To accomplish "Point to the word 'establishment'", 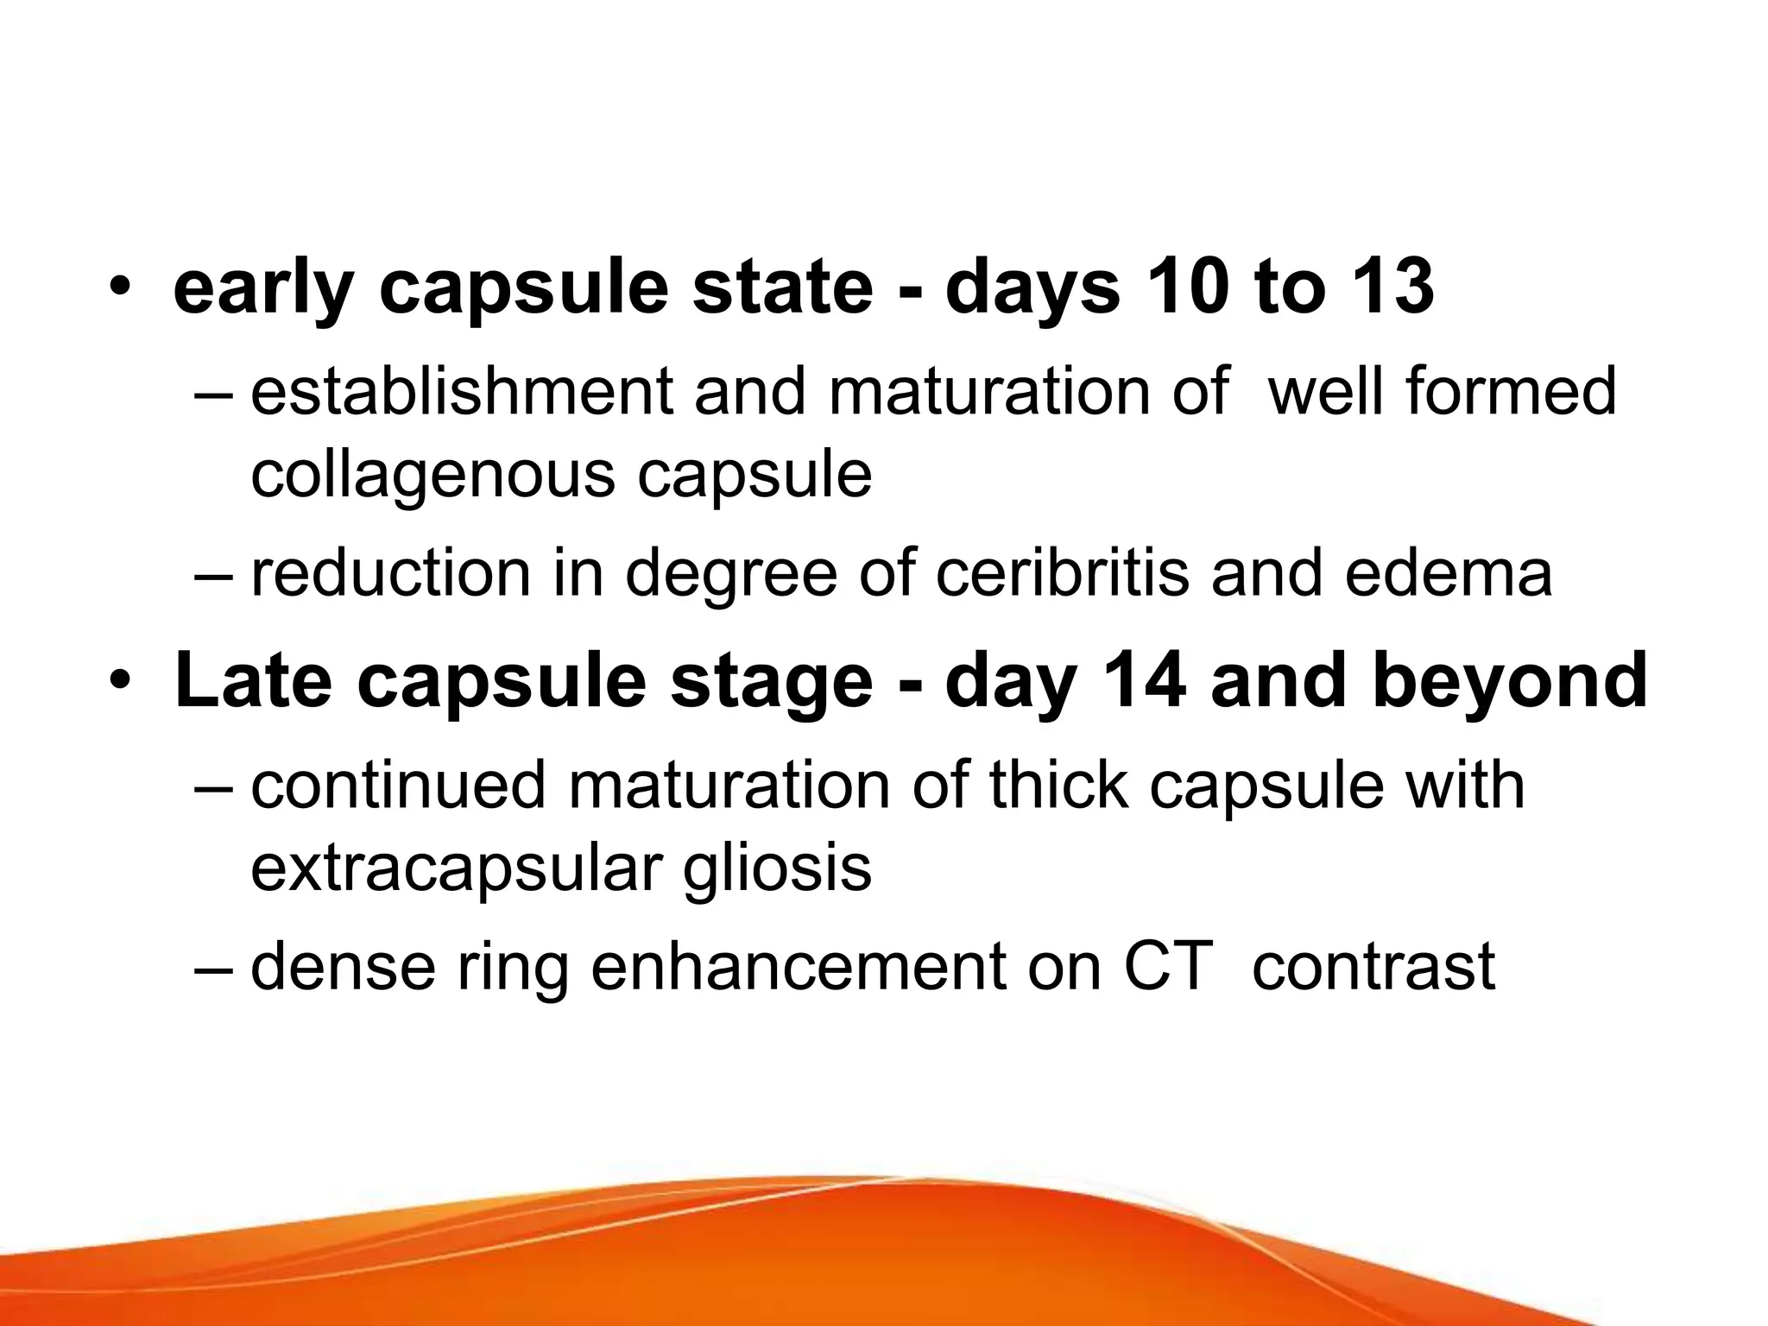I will point(461,391).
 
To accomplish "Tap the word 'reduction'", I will point(390,573).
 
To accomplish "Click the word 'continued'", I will point(398,785).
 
